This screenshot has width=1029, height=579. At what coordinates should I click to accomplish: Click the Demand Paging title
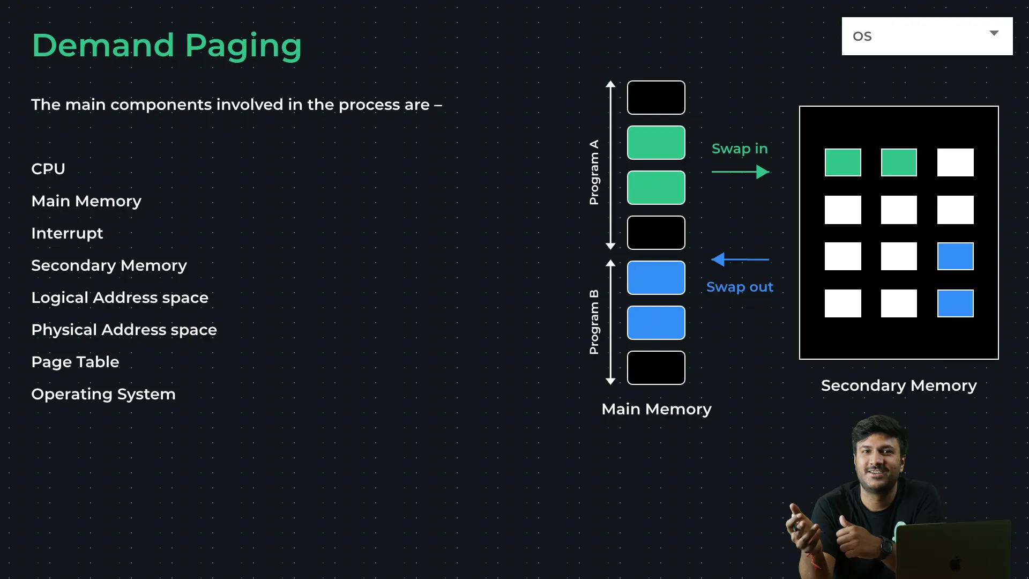pyautogui.click(x=167, y=46)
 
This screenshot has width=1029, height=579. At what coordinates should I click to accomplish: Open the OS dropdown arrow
pyautogui.click(x=994, y=33)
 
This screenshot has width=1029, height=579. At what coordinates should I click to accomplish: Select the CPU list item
pyautogui.click(x=48, y=169)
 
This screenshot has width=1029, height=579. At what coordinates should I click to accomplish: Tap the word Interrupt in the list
pyautogui.click(x=67, y=234)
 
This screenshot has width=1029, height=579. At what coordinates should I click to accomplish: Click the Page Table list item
pyautogui.click(x=75, y=362)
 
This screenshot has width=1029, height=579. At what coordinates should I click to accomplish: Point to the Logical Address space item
pyautogui.click(x=120, y=298)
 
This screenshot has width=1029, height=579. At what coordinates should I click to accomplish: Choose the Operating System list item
pyautogui.click(x=103, y=395)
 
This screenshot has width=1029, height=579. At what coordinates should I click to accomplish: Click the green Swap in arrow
pyautogui.click(x=741, y=172)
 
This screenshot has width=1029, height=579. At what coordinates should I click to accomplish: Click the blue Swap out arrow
pyautogui.click(x=740, y=259)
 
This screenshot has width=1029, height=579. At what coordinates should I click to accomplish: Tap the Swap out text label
pyautogui.click(x=740, y=287)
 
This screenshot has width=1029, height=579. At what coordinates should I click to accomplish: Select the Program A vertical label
pyautogui.click(x=594, y=173)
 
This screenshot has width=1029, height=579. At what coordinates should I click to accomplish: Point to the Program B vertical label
pyautogui.click(x=594, y=322)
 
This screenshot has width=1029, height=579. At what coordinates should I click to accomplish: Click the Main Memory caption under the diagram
pyautogui.click(x=657, y=410)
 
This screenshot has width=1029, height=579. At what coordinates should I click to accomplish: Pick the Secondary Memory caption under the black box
pyautogui.click(x=899, y=386)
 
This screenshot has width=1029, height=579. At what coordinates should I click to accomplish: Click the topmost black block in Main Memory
pyautogui.click(x=656, y=98)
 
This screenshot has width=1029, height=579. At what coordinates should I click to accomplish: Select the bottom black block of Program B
pyautogui.click(x=656, y=368)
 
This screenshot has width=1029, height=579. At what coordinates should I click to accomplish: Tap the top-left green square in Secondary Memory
pyautogui.click(x=843, y=162)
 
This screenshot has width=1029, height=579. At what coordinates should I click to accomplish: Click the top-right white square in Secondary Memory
pyautogui.click(x=956, y=162)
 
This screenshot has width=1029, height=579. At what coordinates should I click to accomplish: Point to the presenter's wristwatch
pyautogui.click(x=885, y=547)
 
